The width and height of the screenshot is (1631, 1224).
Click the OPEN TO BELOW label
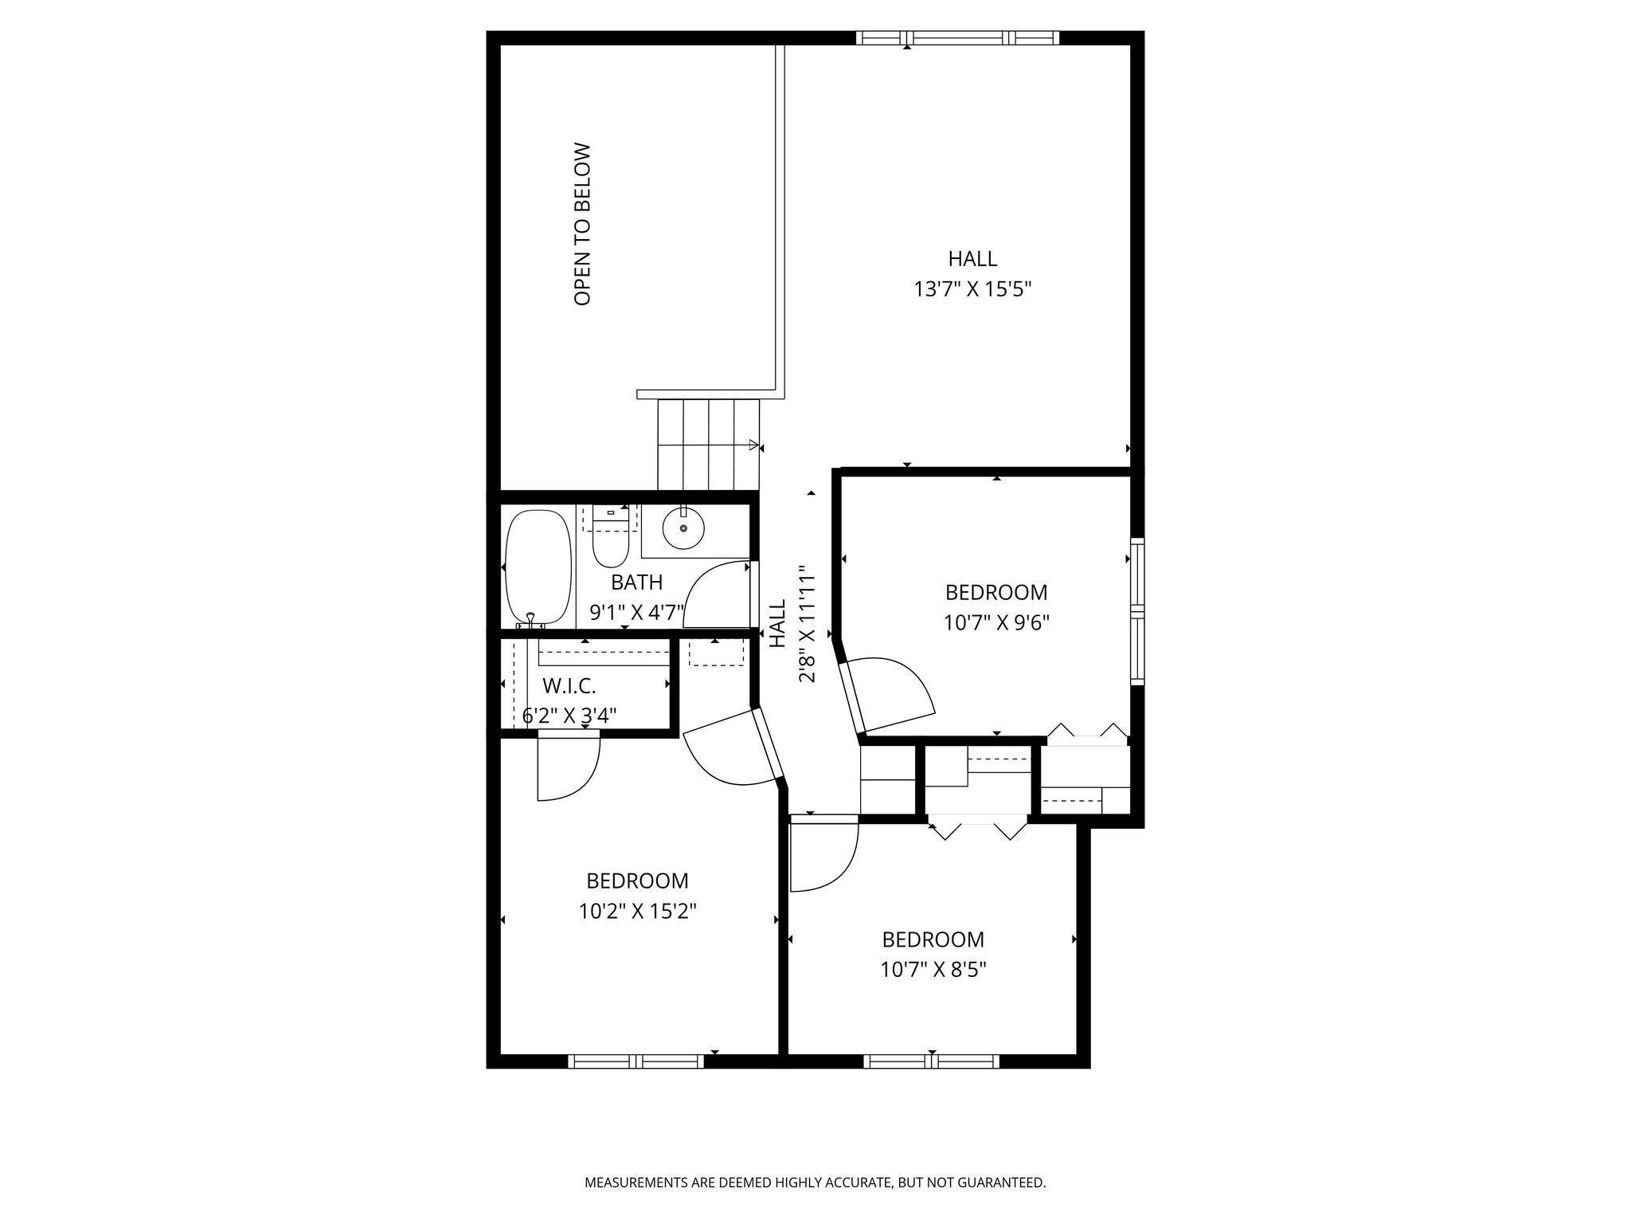583,224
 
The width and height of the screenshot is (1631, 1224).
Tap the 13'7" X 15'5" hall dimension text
972,289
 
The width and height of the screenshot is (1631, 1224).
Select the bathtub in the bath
539,567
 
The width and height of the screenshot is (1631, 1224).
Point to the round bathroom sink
683,528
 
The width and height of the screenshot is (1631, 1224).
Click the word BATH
636,582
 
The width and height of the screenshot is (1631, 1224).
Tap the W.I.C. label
569,685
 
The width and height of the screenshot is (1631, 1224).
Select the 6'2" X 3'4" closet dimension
569,716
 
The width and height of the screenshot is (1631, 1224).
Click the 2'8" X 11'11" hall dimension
808,624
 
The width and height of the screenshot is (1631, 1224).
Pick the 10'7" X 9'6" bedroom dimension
996,622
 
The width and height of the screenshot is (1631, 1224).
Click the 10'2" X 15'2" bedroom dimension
637,911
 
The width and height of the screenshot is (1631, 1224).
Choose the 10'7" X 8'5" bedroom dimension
933,970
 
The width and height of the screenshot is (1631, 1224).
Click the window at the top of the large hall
957,37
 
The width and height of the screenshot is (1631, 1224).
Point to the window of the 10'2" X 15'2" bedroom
636,1061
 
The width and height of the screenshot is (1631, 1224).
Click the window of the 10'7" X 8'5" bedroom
931,1061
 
